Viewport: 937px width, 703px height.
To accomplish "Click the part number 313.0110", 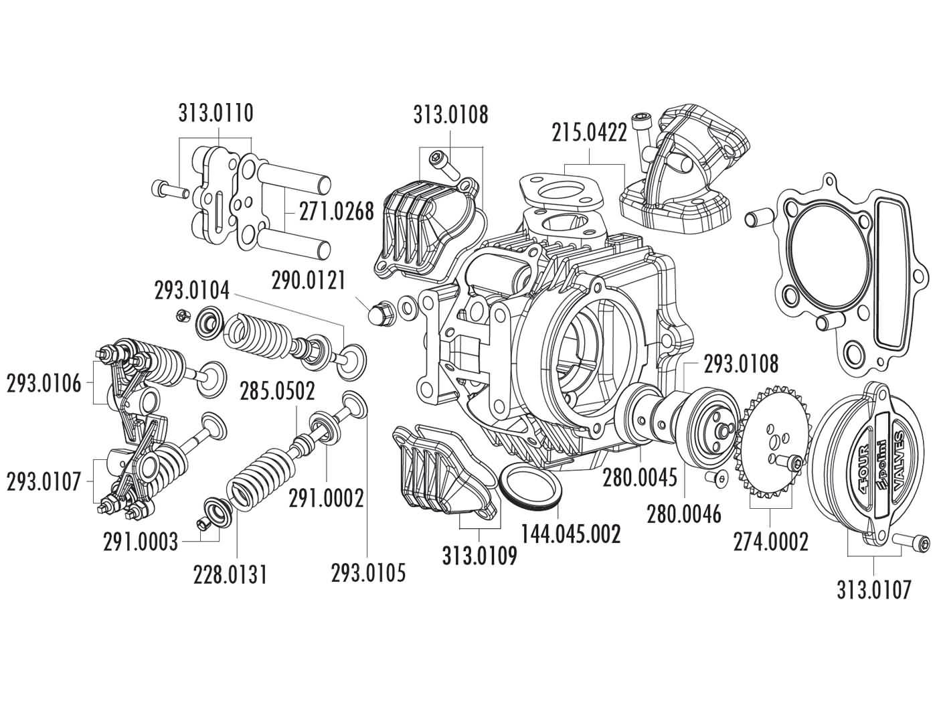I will [x=216, y=113].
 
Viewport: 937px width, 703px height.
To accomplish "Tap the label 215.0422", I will [x=589, y=133].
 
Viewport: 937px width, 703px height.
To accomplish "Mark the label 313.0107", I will [x=873, y=589].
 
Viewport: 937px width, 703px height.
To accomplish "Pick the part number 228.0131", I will [x=230, y=574].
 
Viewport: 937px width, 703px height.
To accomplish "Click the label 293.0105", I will [x=368, y=572].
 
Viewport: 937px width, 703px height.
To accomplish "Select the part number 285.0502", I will [x=278, y=392].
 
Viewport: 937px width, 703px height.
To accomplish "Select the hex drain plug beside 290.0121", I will [x=379, y=311].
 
